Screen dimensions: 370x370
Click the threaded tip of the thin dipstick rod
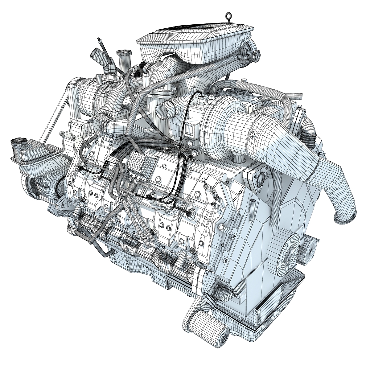99,40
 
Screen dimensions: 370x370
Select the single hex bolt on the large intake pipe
253,134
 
